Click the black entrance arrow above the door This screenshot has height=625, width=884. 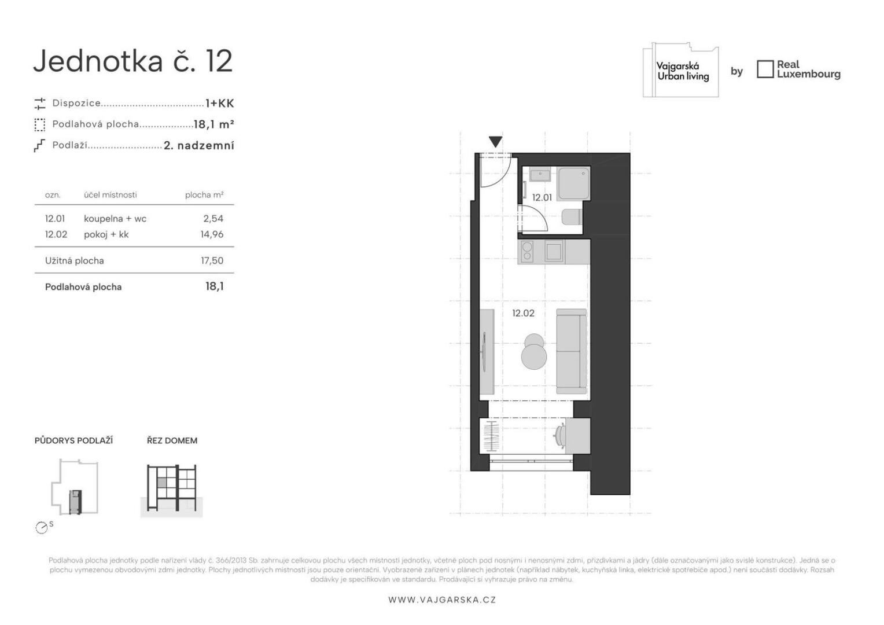(x=495, y=141)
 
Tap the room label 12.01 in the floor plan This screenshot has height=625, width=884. (x=542, y=197)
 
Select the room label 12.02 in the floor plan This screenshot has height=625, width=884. (x=524, y=313)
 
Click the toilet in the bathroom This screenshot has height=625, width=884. (x=572, y=217)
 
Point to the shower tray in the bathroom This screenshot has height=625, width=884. (x=574, y=183)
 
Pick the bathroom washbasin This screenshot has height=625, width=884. (x=540, y=175)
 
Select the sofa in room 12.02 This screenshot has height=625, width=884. (x=572, y=351)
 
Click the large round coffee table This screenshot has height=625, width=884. (x=534, y=356)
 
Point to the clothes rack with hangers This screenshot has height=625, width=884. (x=492, y=436)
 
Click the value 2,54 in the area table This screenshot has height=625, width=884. (x=213, y=219)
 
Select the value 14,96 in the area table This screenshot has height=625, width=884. (x=212, y=234)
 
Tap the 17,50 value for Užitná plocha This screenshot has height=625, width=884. (x=212, y=260)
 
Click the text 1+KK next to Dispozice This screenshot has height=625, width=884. (x=220, y=104)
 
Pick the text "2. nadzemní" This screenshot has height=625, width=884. (x=199, y=146)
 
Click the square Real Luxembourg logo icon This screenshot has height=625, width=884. (x=765, y=69)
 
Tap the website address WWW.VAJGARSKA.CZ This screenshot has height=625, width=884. (x=442, y=600)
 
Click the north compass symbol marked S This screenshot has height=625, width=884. (x=42, y=527)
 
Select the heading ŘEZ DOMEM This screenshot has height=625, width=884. (x=172, y=440)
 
